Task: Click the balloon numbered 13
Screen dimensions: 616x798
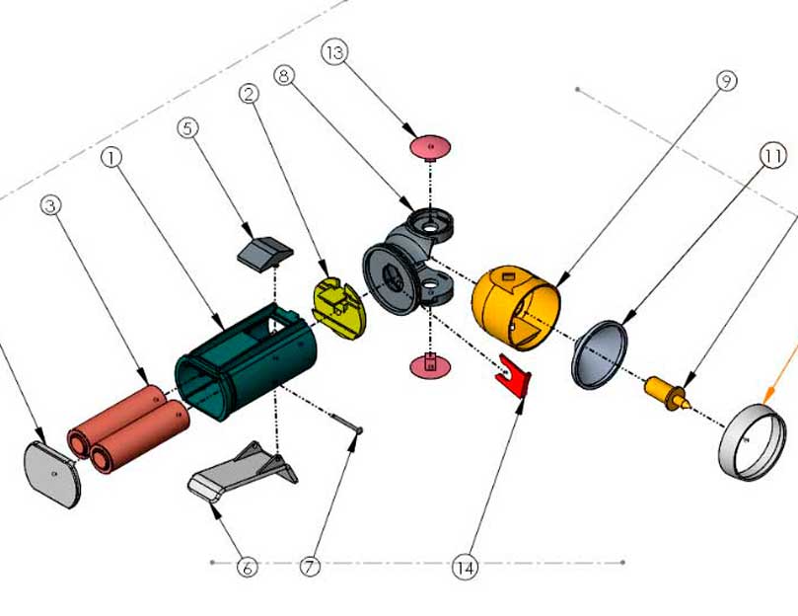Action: pyautogui.click(x=335, y=52)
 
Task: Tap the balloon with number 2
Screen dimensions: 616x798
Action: pyautogui.click(x=249, y=93)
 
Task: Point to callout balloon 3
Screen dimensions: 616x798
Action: pyautogui.click(x=51, y=204)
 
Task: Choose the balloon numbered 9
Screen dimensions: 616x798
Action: pyautogui.click(x=727, y=82)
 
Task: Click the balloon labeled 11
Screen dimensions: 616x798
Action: pyautogui.click(x=772, y=155)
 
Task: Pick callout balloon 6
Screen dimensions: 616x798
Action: pyautogui.click(x=247, y=567)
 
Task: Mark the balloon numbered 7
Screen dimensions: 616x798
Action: pyautogui.click(x=310, y=567)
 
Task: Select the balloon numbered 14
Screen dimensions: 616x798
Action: pyautogui.click(x=464, y=567)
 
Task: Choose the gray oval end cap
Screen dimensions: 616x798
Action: pyautogui.click(x=53, y=474)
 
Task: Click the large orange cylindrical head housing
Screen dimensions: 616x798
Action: pyautogui.click(x=515, y=305)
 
